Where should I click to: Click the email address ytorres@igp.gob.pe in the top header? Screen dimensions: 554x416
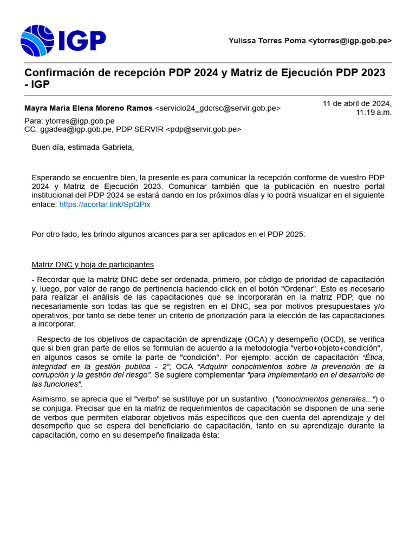click(350, 41)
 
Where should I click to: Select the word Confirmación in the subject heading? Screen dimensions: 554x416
click(60, 72)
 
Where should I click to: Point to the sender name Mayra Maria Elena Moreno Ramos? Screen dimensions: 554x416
click(88, 108)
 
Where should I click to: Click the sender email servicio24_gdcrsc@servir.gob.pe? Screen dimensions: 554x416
click(218, 108)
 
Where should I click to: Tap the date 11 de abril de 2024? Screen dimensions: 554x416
click(357, 103)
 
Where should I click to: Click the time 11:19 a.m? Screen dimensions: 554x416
click(373, 113)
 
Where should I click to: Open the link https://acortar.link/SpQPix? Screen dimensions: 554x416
click(105, 205)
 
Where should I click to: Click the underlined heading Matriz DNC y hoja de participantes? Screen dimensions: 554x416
click(93, 265)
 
